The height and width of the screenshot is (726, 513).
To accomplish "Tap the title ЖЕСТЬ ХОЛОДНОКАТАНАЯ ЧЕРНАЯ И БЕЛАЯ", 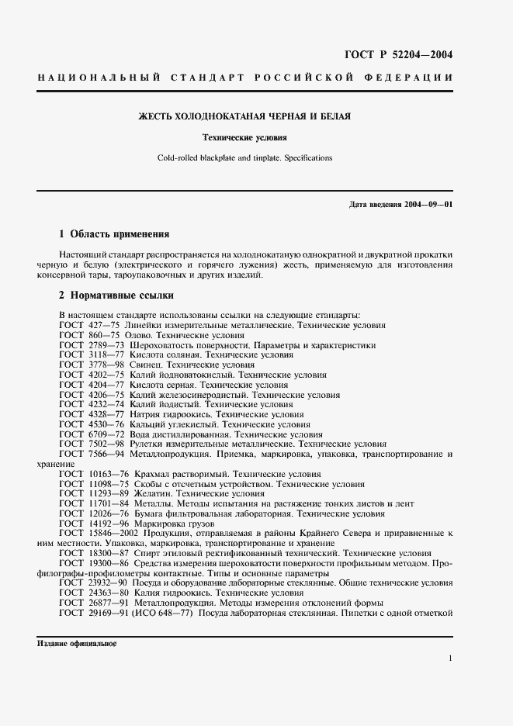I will point(244,117).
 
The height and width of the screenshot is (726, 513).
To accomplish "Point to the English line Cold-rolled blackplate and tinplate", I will point(244,157).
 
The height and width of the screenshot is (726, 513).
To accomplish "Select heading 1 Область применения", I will point(114,233).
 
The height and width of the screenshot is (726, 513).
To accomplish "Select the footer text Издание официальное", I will point(76,643).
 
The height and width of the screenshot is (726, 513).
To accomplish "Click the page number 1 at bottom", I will point(450,658).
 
